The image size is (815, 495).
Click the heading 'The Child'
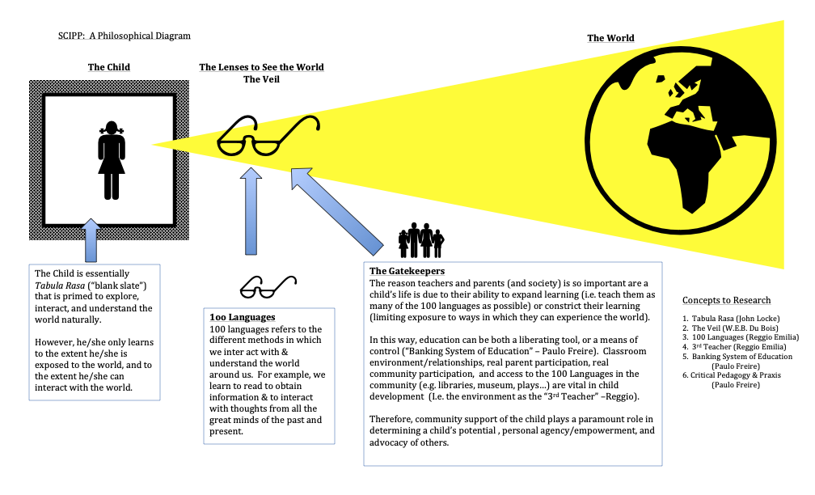click(x=109, y=67)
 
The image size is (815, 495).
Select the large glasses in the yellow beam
click(x=268, y=135)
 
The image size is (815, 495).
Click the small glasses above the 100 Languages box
click(x=268, y=286)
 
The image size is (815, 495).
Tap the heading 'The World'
click(x=610, y=38)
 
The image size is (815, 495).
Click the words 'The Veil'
click(x=261, y=79)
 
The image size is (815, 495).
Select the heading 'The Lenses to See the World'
click(x=261, y=67)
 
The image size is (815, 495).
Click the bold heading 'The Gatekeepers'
click(x=407, y=271)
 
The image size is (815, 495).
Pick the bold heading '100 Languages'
click(x=243, y=317)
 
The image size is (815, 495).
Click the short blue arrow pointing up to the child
click(x=91, y=240)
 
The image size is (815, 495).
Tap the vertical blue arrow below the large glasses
click(x=252, y=212)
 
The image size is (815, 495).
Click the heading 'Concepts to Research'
click(x=726, y=300)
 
